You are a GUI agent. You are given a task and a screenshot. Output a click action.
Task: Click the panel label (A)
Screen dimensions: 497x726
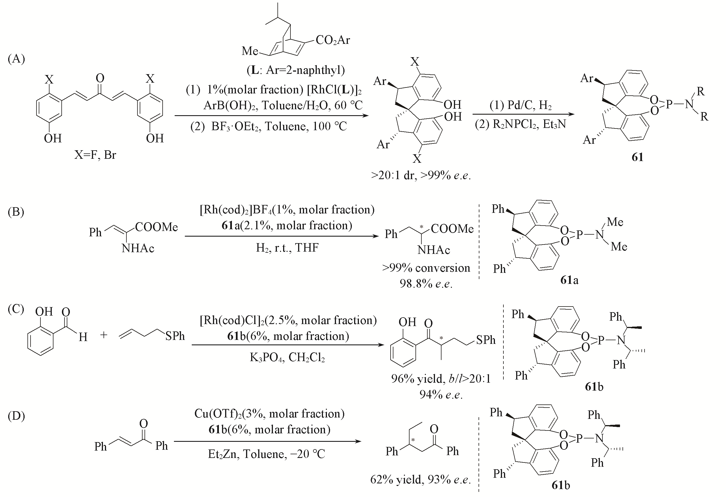tap(16, 59)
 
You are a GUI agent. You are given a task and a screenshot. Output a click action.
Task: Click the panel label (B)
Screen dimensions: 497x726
tap(16, 212)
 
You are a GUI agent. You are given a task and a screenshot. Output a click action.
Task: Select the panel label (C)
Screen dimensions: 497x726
tap(16, 309)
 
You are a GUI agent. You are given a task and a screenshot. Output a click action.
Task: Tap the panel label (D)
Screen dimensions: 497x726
tap(16, 416)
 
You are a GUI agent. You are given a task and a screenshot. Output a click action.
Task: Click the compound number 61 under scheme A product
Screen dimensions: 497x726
tap(637, 157)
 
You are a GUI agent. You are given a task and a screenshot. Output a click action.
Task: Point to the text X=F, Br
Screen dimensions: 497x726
tap(95, 155)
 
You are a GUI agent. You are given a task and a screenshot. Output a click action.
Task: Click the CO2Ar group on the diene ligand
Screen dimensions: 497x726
tap(333, 40)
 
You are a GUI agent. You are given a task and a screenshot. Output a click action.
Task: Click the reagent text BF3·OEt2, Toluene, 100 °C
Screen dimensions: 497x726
tap(269, 127)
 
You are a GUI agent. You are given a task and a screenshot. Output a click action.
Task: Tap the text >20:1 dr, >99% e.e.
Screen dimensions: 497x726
tap(421, 176)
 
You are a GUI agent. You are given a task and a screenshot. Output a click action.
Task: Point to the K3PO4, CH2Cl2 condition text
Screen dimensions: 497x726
tap(287, 357)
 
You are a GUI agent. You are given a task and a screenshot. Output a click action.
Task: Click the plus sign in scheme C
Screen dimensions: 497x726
tap(104, 335)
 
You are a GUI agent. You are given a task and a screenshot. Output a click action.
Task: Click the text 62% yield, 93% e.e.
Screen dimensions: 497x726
tap(420, 479)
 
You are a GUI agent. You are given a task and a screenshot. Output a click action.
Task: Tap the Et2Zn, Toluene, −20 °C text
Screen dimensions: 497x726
tap(266, 454)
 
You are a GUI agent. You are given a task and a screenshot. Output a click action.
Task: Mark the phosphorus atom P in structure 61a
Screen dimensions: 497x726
tap(580, 235)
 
